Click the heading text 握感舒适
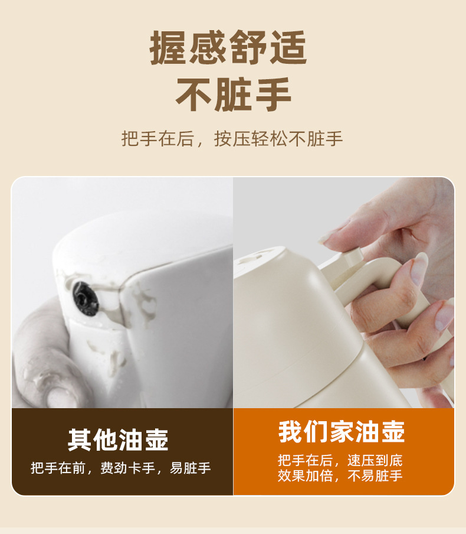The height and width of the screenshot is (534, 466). click(228, 47)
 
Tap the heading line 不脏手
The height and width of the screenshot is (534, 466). click(233, 95)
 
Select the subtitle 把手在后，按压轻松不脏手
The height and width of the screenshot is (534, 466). click(232, 139)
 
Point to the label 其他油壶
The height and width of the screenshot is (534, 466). click(118, 439)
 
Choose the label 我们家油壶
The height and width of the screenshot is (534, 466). click(342, 431)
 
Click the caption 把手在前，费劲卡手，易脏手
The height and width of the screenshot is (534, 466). click(121, 468)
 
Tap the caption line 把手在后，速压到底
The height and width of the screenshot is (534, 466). click(340, 460)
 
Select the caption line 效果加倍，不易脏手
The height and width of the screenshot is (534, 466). click(340, 476)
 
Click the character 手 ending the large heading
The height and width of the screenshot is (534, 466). click(273, 95)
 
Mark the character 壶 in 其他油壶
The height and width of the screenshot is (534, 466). click(156, 439)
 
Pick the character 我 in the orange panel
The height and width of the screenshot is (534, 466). click(290, 431)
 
